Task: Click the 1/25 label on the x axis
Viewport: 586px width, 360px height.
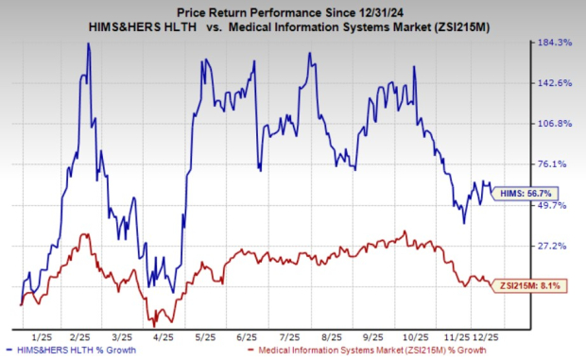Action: pyautogui.click(x=43, y=335)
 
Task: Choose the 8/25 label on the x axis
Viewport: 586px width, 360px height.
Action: pyautogui.click(x=332, y=335)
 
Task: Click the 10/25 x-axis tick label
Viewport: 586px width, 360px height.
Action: pyautogui.click(x=414, y=335)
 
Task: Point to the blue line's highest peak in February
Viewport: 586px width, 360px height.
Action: pyautogui.click(x=88, y=43)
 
